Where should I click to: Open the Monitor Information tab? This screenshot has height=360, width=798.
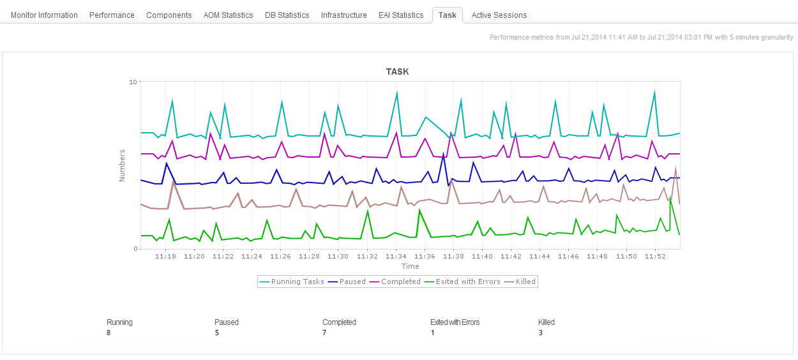point(44,15)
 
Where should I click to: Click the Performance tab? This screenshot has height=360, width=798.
point(112,15)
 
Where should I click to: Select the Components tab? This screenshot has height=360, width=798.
point(169,15)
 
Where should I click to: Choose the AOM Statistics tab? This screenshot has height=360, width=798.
point(228,15)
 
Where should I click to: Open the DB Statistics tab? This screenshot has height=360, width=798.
point(287,15)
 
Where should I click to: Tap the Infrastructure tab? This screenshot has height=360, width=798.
point(343,15)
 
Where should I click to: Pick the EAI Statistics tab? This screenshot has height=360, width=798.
point(401,15)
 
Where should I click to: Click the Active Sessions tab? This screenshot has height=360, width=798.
point(499,15)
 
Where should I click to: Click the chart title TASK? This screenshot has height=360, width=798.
point(397,72)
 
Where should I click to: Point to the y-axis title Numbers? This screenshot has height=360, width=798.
point(122,165)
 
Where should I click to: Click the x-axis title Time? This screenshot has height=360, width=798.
point(410,266)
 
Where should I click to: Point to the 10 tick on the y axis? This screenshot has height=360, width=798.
point(133,82)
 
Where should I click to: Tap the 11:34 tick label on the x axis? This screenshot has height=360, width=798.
point(396,257)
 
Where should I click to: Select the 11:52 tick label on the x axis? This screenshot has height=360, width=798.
point(655,257)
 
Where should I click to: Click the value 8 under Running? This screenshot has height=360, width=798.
point(109,333)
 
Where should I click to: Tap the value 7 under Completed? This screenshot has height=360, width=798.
point(324,333)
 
